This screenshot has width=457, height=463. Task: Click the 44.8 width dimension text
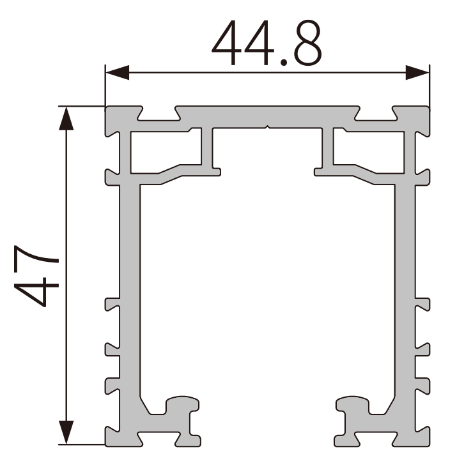point(267,43)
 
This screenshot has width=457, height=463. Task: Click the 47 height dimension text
point(36,276)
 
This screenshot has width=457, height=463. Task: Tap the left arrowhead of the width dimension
point(118,72)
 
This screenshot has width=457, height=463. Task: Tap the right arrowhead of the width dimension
point(417,72)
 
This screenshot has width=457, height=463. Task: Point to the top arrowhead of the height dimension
point(66,118)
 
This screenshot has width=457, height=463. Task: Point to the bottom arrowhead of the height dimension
point(66,432)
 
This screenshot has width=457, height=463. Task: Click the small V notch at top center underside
point(268,127)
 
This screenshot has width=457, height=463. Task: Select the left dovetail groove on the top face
point(159,114)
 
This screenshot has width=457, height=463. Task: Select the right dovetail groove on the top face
point(376,114)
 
